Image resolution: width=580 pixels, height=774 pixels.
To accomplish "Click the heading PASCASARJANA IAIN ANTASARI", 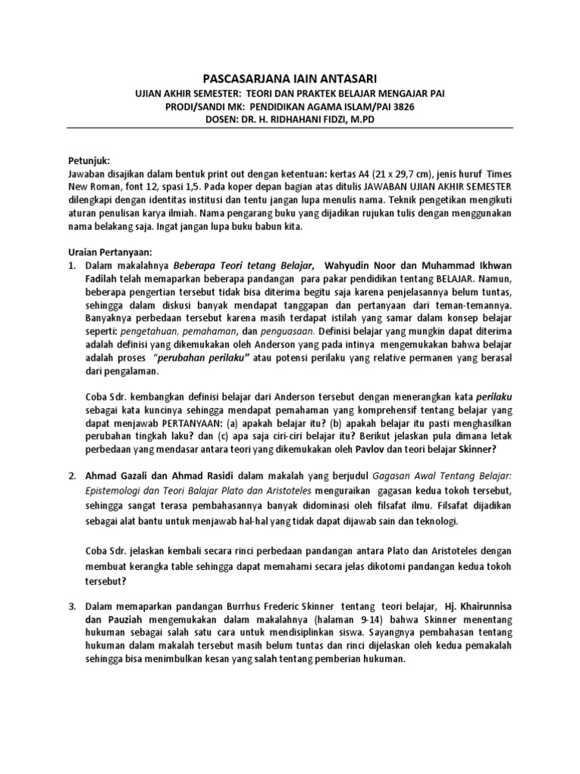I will coord(291,79).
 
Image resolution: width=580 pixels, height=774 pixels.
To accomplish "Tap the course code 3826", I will coord(400,107).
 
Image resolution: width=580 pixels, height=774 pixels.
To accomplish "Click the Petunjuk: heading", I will coord(90,161).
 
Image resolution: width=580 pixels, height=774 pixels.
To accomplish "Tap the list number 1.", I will coord(72,266).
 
